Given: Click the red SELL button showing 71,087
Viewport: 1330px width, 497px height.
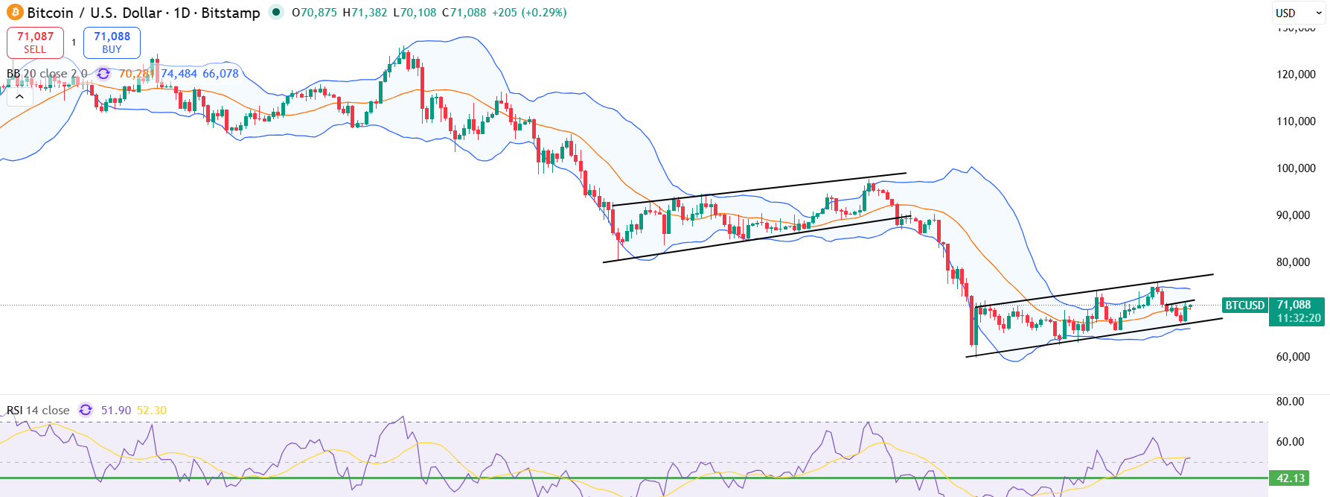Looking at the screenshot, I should (35, 42).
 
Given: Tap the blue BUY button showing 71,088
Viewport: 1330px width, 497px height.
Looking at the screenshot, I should (112, 42).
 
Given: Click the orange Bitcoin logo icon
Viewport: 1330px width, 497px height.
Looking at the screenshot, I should (15, 13).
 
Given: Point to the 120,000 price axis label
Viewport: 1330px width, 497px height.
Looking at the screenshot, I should (1296, 75).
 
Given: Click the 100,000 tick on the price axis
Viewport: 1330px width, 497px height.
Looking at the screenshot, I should (1296, 168).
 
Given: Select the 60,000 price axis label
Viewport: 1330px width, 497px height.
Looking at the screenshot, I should (1293, 357).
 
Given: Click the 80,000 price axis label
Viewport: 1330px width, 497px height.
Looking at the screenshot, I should (1293, 262).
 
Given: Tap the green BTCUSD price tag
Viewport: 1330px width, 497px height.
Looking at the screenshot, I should (1244, 306).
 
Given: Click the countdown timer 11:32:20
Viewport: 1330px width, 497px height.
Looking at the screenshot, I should (1299, 318).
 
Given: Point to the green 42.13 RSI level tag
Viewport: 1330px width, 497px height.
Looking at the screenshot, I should (1291, 478).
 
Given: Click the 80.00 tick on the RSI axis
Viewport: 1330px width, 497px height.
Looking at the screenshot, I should (1290, 402).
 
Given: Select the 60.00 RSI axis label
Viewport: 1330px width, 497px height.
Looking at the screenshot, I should (1290, 442).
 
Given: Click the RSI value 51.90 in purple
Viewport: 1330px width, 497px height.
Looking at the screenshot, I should (116, 411).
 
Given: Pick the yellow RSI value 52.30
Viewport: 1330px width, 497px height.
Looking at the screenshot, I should (152, 411).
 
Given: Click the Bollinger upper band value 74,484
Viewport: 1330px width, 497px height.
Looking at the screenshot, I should (179, 74).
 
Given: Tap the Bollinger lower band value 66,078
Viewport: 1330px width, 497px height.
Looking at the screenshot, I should (220, 74).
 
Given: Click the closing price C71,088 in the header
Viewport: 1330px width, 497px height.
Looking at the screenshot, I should (464, 13).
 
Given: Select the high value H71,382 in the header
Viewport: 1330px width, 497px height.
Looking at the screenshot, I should (365, 13).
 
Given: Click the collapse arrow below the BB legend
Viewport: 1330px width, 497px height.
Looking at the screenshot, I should (19, 97).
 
